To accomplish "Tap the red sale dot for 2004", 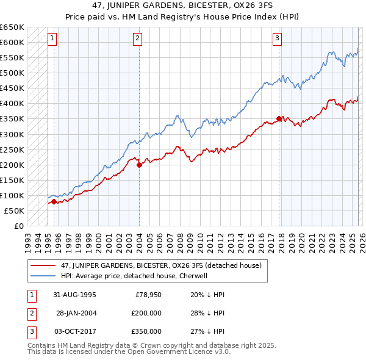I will (x=139, y=164).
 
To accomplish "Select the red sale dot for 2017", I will (x=279, y=118).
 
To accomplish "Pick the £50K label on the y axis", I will (x=15, y=211).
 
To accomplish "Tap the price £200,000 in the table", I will (x=146, y=313).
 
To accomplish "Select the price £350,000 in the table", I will (x=146, y=332).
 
